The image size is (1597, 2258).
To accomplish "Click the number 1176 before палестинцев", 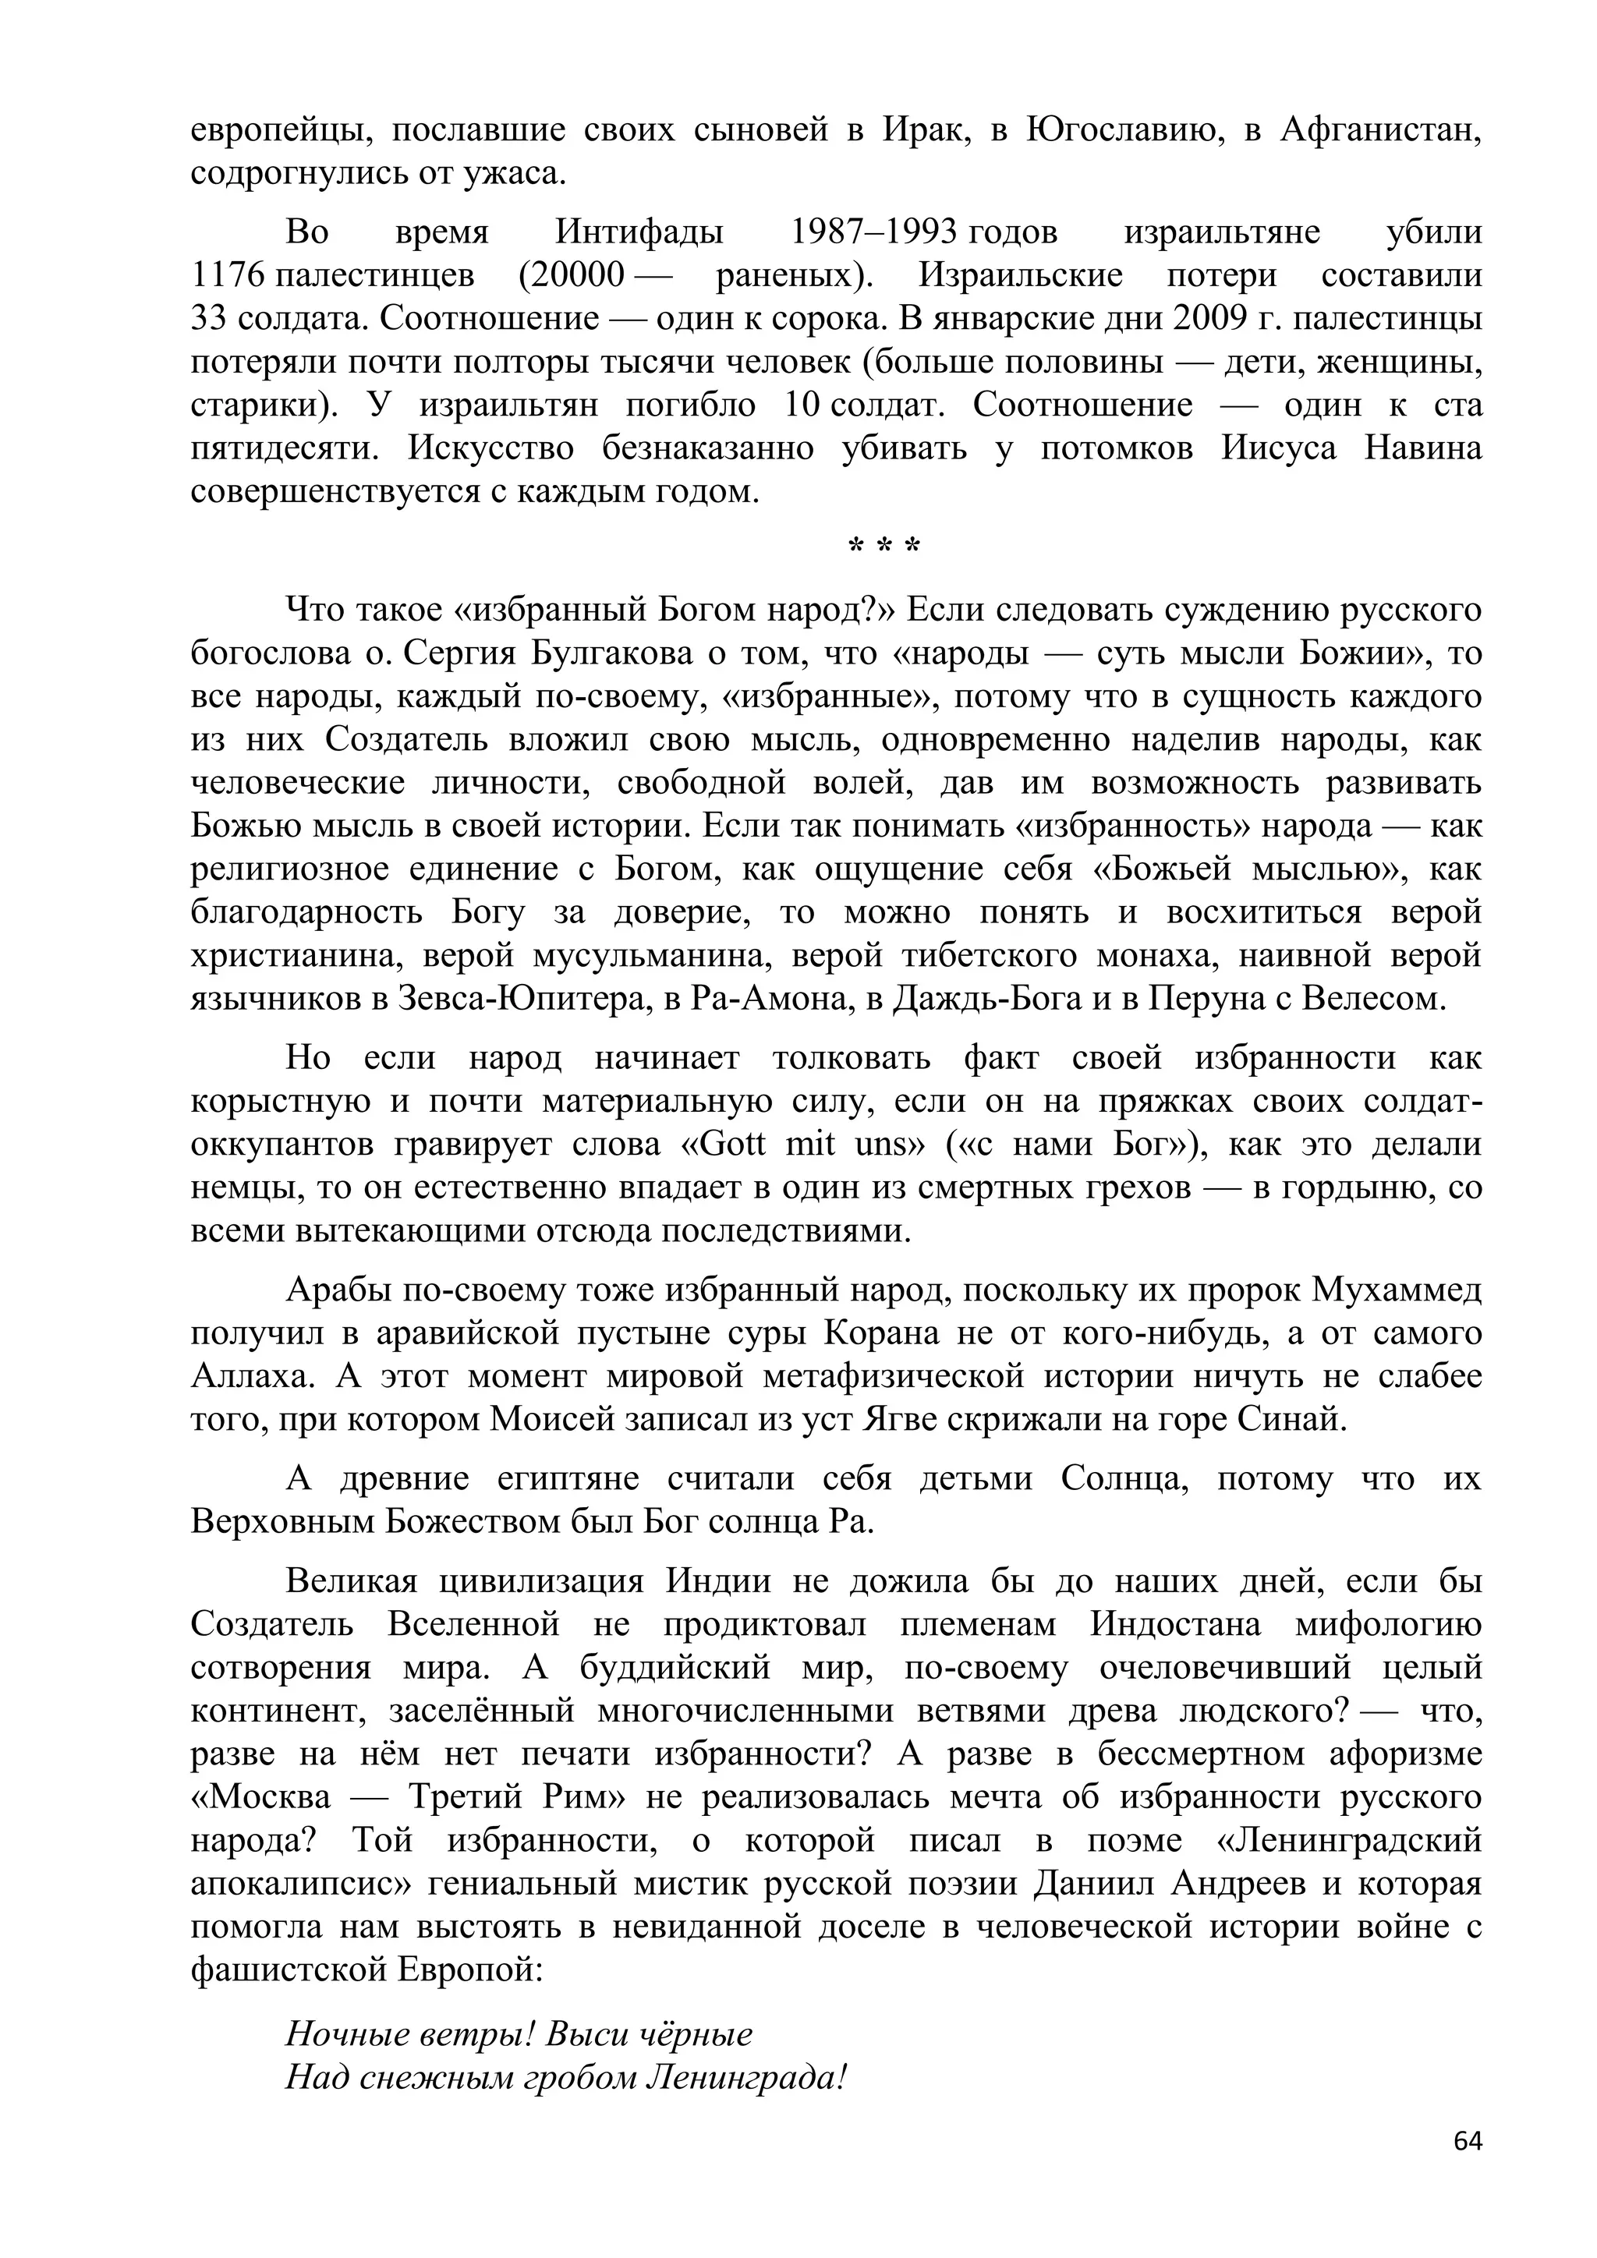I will tap(228, 275).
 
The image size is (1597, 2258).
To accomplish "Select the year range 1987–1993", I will tap(874, 232).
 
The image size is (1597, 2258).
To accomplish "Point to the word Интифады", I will tap(639, 232).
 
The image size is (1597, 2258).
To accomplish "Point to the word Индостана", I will tap(1175, 1625).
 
